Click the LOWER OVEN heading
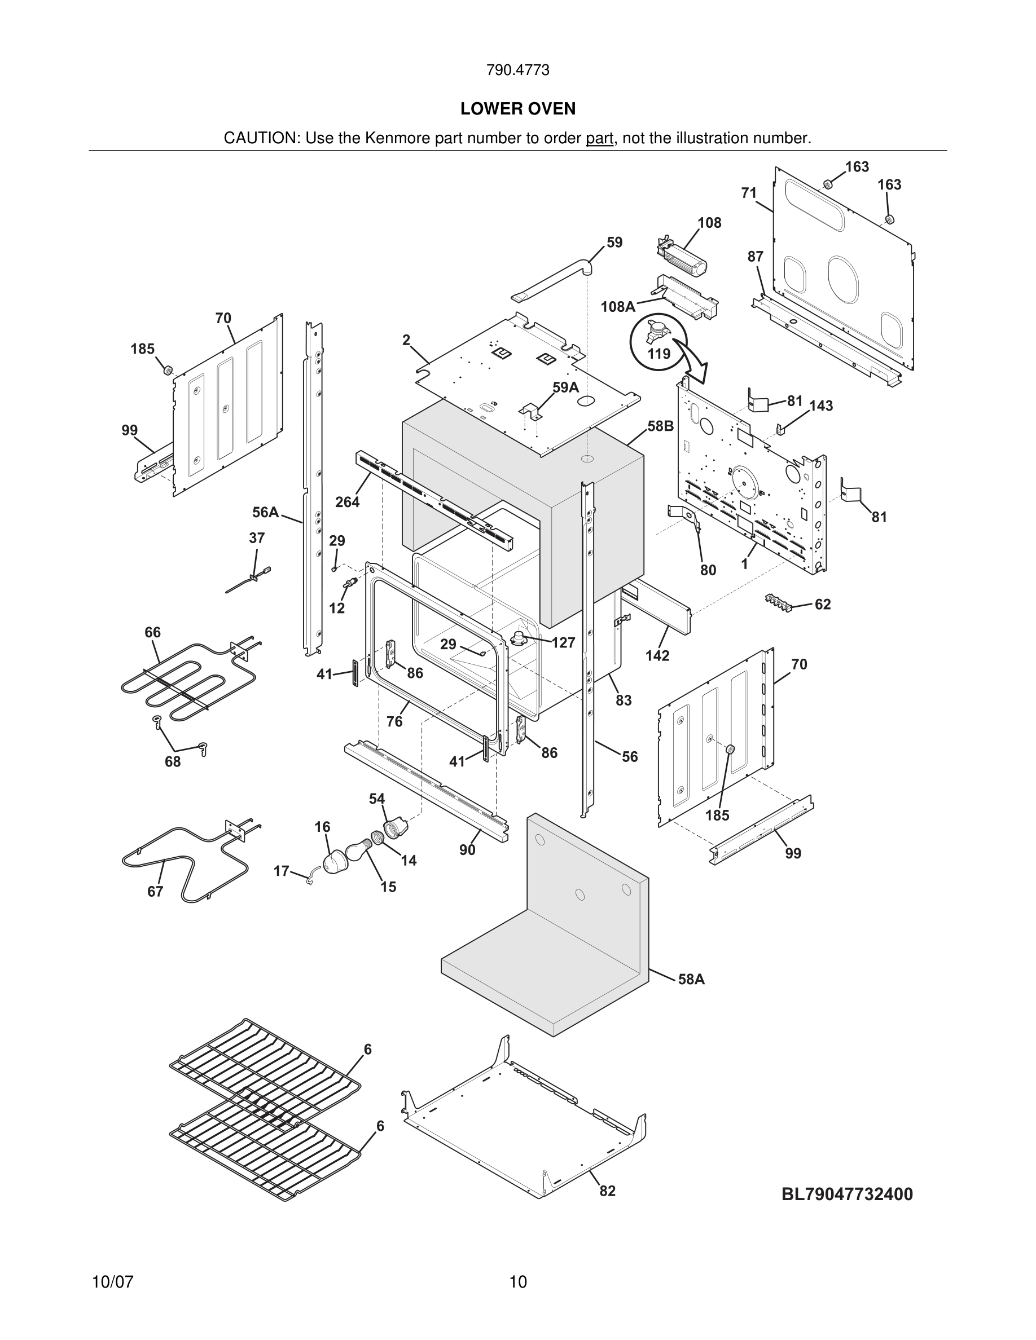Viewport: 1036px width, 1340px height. click(x=518, y=109)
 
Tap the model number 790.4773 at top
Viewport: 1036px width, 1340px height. click(x=517, y=70)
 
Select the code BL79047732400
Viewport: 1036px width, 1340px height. click(x=847, y=1194)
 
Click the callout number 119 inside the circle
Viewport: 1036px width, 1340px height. click(x=659, y=354)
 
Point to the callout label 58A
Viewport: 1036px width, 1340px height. click(x=691, y=979)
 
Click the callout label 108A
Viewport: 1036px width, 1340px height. click(x=617, y=306)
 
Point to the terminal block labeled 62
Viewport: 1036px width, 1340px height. click(x=779, y=602)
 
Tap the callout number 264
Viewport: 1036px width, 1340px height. click(x=347, y=502)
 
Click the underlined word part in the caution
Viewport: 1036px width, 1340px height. click(x=599, y=138)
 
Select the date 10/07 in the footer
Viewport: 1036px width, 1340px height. click(x=112, y=1282)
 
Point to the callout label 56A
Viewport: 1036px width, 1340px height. click(x=265, y=512)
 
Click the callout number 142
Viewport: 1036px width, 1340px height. click(x=657, y=655)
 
